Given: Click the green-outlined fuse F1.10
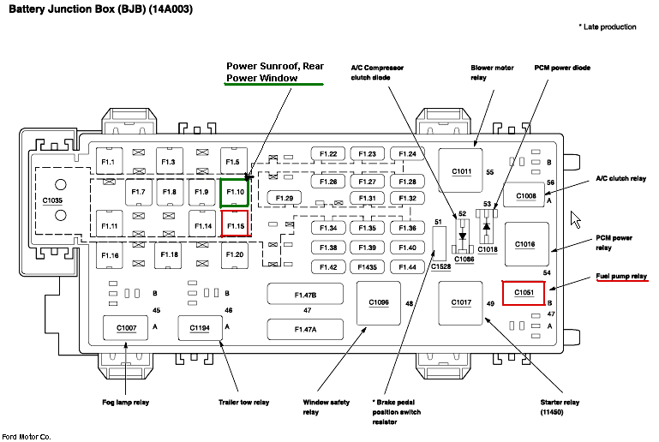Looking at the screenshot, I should (235, 193).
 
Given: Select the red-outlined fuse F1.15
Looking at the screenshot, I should (235, 224).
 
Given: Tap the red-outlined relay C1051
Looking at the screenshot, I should (524, 293).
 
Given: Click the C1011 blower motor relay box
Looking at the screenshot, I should (462, 170).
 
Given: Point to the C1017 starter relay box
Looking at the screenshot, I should (461, 302).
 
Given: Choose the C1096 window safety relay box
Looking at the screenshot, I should (378, 302).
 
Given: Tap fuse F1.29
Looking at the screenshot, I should (285, 198).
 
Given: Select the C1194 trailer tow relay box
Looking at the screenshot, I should (199, 327).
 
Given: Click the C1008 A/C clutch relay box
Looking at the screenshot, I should (525, 195).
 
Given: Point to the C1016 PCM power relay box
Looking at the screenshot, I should (525, 244).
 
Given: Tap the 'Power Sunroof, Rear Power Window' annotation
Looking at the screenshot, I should (273, 72).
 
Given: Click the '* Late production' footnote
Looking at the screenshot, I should (608, 27).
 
